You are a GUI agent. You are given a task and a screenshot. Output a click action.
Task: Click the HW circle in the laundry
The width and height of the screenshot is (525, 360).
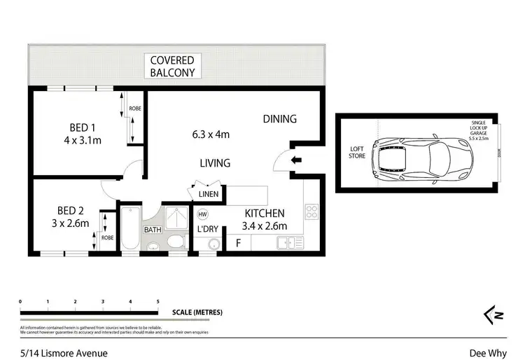point(203,214)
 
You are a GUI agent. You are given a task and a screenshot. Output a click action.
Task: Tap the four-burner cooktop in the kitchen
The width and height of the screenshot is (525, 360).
point(313,212)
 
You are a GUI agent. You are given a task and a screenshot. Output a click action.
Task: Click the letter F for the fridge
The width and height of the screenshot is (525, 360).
point(239,243)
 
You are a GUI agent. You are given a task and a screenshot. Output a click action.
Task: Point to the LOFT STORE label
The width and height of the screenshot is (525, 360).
point(358,152)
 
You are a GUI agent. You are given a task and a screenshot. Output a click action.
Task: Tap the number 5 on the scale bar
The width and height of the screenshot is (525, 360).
point(157,302)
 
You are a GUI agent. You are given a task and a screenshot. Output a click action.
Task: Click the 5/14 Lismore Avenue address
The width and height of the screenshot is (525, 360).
point(54,352)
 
